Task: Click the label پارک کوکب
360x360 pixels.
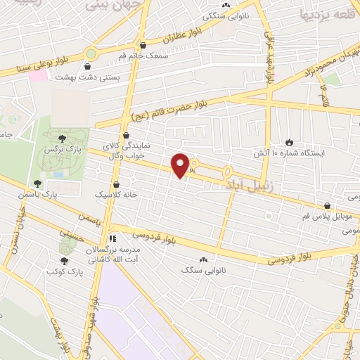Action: tap(65, 271)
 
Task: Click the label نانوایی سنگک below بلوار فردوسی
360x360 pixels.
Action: tap(196, 269)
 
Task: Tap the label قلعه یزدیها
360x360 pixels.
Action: tap(324, 14)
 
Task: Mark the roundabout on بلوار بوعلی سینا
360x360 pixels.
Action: tap(91, 53)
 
